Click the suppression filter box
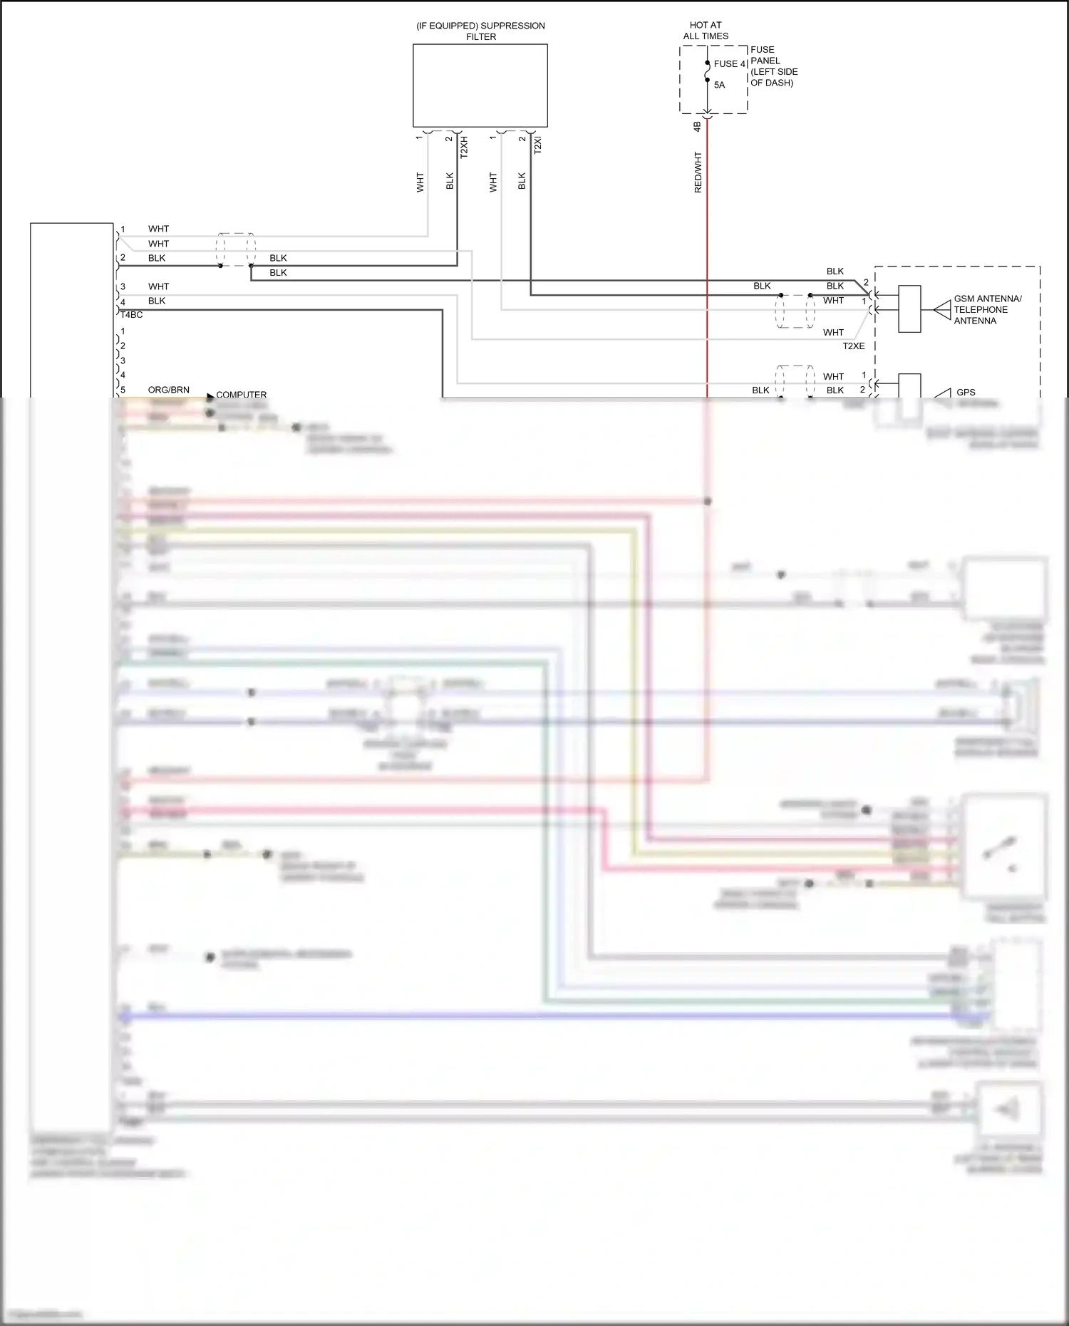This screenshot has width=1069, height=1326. coord(480,86)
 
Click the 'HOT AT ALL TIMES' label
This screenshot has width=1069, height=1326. coord(706,31)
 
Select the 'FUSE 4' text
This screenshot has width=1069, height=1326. coord(730,64)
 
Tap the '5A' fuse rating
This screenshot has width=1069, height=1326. coord(720,85)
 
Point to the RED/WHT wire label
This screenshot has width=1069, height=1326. coord(698,172)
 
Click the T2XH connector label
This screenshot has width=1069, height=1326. coord(464,147)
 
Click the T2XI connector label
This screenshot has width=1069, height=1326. coord(538,145)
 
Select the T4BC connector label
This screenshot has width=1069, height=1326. coord(131,315)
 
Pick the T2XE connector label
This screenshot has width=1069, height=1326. coord(854,346)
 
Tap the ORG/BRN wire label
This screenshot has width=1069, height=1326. coord(169,390)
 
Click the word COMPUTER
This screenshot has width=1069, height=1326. coord(242,394)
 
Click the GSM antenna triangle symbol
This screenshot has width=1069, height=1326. coord(942,310)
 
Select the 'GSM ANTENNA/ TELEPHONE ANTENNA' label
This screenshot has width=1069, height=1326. coord(987,310)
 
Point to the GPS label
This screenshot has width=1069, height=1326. coord(966,392)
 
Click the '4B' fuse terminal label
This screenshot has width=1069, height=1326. coord(697,126)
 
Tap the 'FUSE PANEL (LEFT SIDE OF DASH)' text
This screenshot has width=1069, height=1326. coord(773,66)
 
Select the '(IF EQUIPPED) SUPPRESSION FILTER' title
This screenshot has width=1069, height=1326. coord(481,31)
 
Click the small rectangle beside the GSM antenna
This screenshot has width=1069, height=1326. coord(909,309)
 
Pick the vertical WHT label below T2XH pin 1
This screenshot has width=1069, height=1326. coord(420,182)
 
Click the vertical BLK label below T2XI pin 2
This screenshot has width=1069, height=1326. coord(522,181)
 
